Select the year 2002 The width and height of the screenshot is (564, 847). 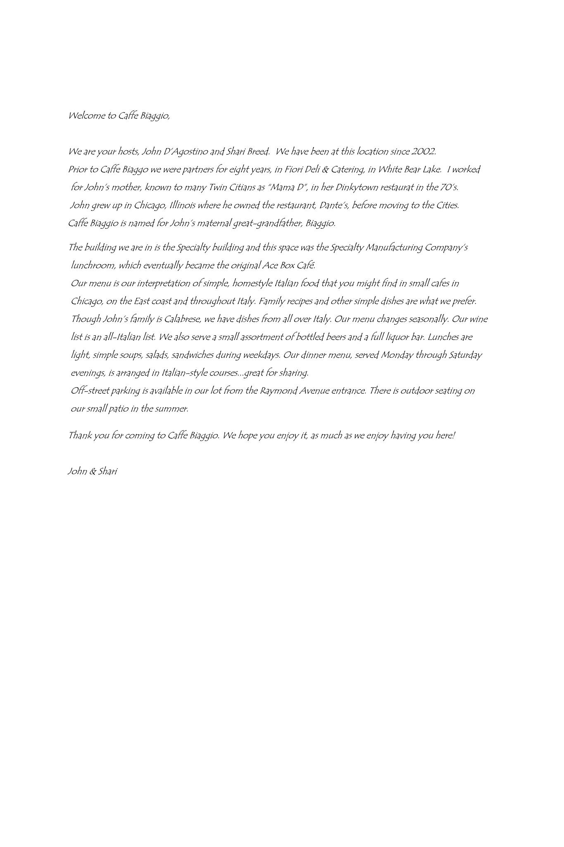423,152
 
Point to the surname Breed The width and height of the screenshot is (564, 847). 258,152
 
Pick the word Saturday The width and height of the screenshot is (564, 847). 465,355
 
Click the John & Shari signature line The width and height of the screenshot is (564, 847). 93,471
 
